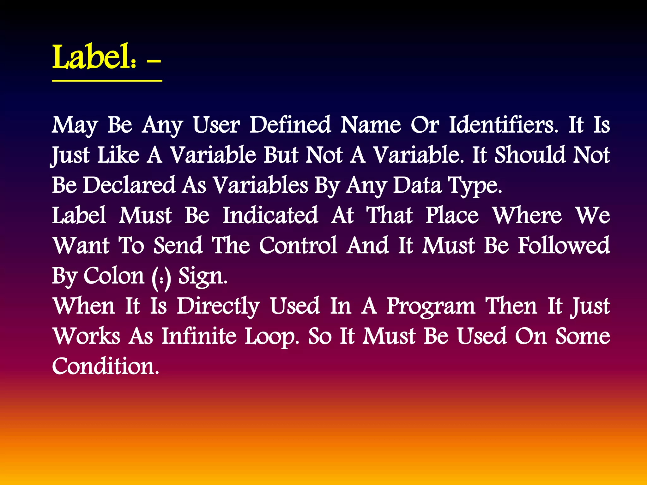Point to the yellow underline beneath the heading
point(107,81)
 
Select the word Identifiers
point(504,125)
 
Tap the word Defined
point(290,125)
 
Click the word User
point(216,125)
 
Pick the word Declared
point(129,185)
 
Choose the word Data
point(417,185)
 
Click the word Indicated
point(270,215)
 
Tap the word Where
point(527,215)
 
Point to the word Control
point(298,246)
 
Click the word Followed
point(564,246)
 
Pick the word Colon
point(114,276)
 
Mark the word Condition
point(105,366)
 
